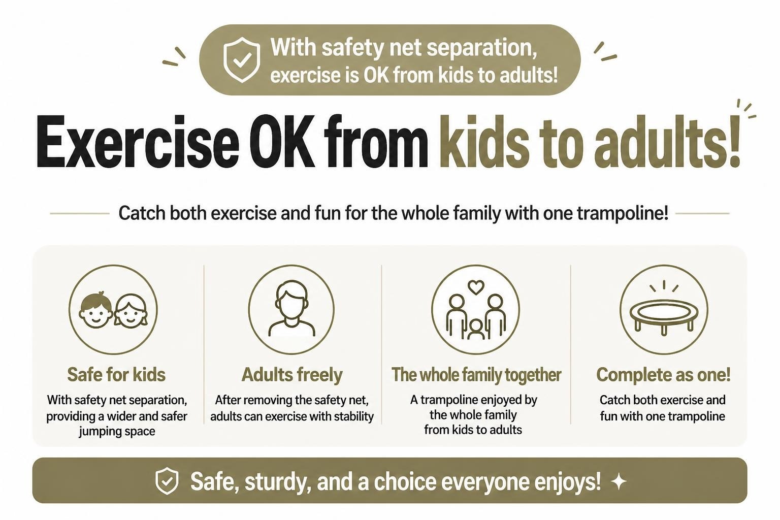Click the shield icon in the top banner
click(x=242, y=60)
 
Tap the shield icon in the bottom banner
click(x=167, y=481)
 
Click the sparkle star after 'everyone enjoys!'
click(x=619, y=482)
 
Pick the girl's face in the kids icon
click(x=131, y=311)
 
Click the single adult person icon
click(x=292, y=308)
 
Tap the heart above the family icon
click(x=476, y=287)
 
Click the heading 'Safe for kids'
click(x=116, y=375)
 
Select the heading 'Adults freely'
click(x=292, y=375)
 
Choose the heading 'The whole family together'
click(x=476, y=375)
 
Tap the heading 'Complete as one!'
click(x=663, y=375)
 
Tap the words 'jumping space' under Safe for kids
click(x=117, y=431)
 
